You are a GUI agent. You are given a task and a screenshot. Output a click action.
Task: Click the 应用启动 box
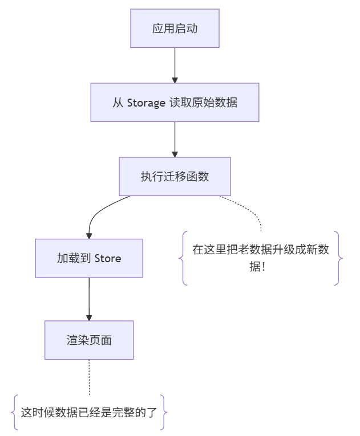click(x=175, y=28)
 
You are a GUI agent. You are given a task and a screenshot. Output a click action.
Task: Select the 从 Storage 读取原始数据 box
click(x=175, y=103)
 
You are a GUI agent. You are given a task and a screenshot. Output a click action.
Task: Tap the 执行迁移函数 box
click(x=175, y=177)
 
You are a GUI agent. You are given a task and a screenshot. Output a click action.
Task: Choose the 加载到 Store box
click(x=89, y=258)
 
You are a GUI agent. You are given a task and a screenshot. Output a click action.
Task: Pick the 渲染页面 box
click(x=89, y=340)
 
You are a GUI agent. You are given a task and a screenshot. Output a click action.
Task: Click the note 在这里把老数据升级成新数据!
click(x=261, y=258)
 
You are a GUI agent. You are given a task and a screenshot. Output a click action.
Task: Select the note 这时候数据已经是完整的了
click(x=89, y=412)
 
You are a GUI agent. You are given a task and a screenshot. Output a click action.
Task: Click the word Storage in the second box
click(x=145, y=103)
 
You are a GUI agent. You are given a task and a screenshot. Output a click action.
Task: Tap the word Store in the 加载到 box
click(x=108, y=259)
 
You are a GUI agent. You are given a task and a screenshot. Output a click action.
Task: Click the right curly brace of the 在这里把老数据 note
click(x=339, y=258)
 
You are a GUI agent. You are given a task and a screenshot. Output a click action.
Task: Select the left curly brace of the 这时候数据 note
click(x=14, y=412)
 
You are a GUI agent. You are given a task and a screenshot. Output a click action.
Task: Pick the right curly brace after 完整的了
click(x=164, y=412)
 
